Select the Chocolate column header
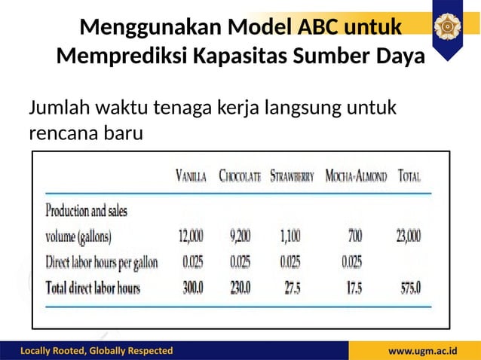point(240,178)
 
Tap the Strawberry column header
point(292,178)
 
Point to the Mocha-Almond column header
point(356,178)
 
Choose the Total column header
point(409,178)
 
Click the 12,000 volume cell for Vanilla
point(190,236)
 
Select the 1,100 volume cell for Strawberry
point(290,236)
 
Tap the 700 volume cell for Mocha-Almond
point(354,236)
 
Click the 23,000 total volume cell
point(409,236)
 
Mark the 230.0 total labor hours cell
point(241,288)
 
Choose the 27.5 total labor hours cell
point(290,288)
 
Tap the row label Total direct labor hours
point(93,288)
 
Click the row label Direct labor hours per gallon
point(102,262)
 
